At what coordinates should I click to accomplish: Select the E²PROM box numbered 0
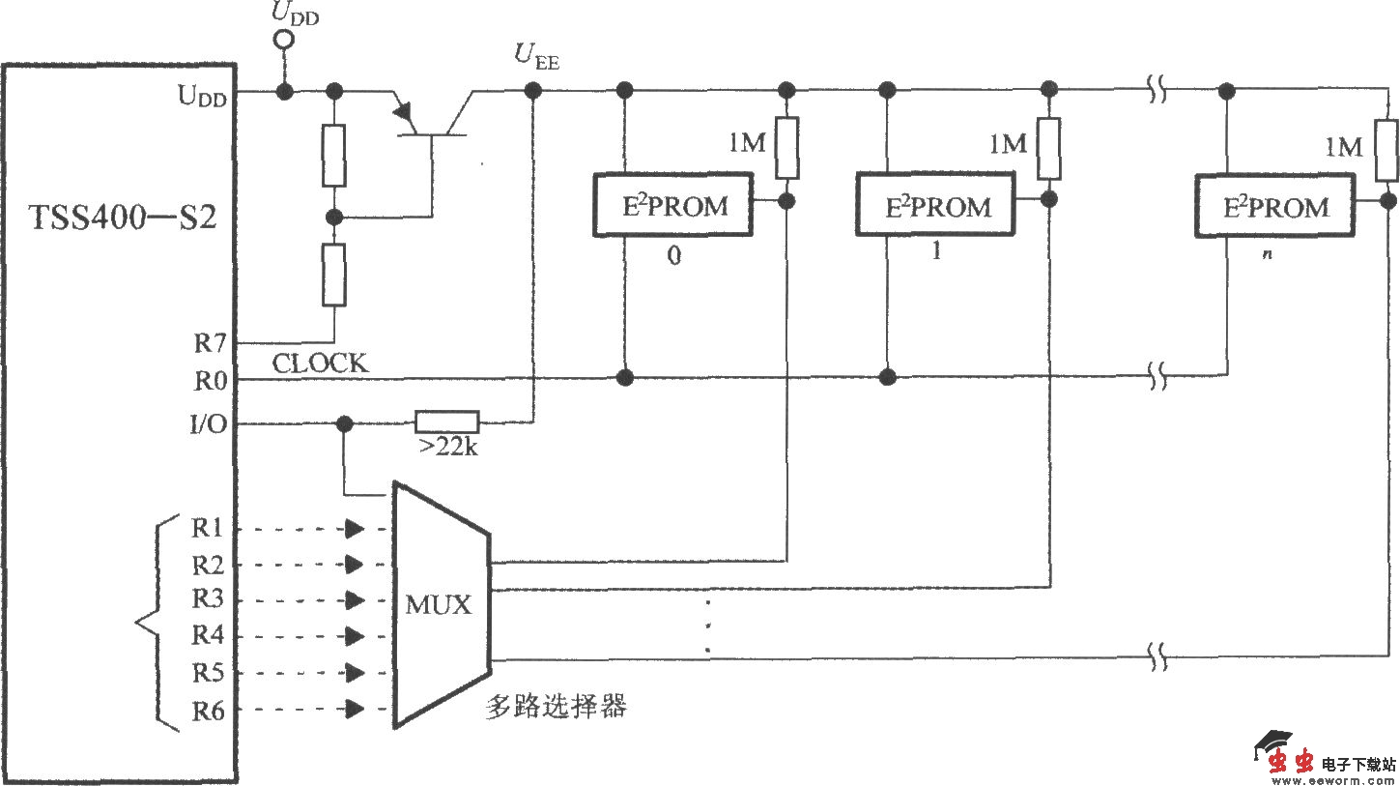point(672,206)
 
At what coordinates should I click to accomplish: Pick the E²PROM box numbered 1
point(935,206)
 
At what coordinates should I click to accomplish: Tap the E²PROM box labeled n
point(1273,206)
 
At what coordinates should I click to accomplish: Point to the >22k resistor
point(446,422)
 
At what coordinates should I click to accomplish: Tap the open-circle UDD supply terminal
point(284,40)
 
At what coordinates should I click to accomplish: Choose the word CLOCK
point(320,364)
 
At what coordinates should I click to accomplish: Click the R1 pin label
point(208,528)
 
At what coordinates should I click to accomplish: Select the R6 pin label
point(208,711)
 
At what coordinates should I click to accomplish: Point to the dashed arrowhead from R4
point(356,636)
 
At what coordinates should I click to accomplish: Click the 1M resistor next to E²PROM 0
point(787,148)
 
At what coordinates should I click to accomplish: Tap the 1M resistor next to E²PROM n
point(1386,150)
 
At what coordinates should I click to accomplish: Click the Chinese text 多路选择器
point(556,707)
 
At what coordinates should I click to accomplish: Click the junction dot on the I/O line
point(342,423)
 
